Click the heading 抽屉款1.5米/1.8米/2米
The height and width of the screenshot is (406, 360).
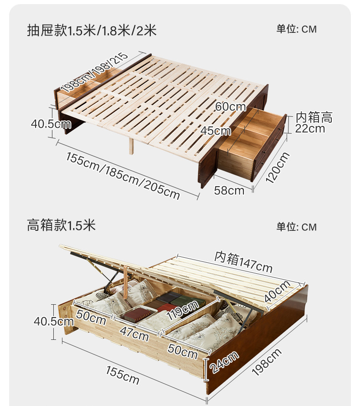pos(92,31)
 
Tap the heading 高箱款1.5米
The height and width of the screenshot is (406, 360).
pos(62,225)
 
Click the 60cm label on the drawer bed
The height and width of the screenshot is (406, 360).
pos(231,107)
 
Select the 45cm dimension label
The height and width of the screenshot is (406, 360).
pos(216,131)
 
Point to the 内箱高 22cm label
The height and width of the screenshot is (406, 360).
pos(313,123)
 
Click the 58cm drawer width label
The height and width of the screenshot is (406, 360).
pos(229,190)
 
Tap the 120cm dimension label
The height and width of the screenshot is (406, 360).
pos(277,167)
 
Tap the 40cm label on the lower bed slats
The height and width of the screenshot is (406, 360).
pos(277,291)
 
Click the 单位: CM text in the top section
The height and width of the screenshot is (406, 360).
pos(296,29)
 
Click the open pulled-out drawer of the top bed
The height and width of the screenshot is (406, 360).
pos(252,141)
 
